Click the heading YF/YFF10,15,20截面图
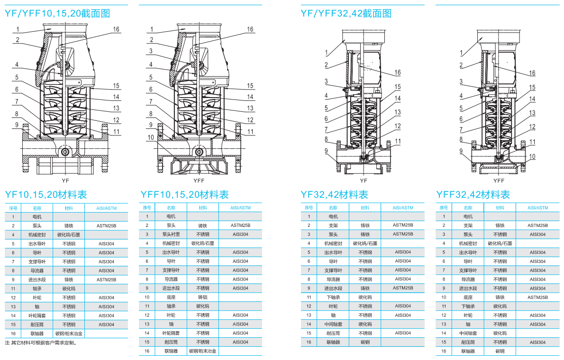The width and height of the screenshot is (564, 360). click(57, 14)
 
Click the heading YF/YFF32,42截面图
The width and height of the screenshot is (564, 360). click(346, 14)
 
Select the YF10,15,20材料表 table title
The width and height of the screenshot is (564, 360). click(46, 195)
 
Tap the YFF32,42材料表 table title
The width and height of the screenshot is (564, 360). click(473, 195)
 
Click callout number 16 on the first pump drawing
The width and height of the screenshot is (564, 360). click(116, 29)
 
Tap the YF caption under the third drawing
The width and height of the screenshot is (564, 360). click(364, 180)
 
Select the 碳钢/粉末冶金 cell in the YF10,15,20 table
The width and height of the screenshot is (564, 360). click(69, 333)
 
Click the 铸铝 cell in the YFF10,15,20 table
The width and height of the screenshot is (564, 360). click(202, 297)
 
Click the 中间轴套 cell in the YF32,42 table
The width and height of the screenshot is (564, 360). click(333, 324)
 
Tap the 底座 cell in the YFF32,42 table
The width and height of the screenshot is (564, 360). click(468, 297)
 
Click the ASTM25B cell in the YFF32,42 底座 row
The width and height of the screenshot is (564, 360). click(537, 297)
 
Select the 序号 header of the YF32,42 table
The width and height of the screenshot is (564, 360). click(309, 207)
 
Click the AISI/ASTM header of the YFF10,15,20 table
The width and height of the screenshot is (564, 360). click(240, 207)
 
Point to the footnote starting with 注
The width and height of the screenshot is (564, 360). click(40, 343)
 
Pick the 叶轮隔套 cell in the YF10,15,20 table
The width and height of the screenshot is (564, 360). click(37, 315)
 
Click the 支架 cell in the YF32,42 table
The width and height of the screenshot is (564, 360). click(333, 225)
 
